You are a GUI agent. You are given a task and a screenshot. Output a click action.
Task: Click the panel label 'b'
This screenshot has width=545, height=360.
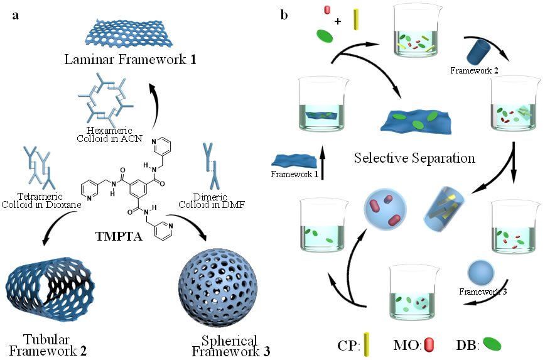click(284, 14)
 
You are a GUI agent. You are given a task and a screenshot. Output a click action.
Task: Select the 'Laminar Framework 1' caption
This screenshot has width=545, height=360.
click(124, 61)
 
